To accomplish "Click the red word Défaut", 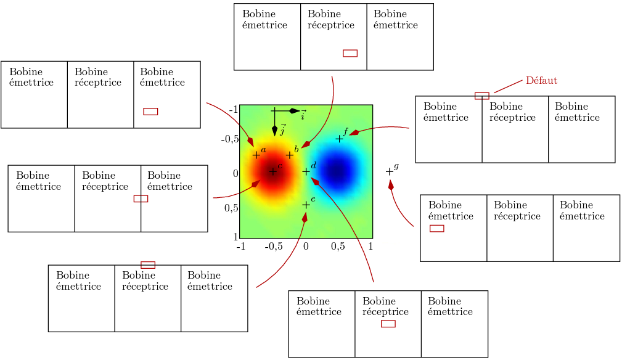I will (541, 81).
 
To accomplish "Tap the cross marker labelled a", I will (256, 155).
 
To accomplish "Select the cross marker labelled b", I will (290, 155).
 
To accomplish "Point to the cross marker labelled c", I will (272, 171).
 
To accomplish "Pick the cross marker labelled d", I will (306, 171).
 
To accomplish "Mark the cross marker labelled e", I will (306, 205).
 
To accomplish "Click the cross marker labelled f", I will (339, 139).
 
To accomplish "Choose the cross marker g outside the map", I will (389, 171).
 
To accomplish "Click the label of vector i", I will (303, 115).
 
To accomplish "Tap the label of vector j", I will (282, 131).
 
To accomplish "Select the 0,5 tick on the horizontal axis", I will (338, 247).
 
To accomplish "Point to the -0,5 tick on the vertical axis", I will (230, 139).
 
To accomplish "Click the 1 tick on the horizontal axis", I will (370, 247).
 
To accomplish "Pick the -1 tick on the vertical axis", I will (233, 110).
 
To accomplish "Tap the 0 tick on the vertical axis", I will (235, 174).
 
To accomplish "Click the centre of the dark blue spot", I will (337, 171).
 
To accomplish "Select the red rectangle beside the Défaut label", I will (481, 96).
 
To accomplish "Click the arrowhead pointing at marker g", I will (391, 184).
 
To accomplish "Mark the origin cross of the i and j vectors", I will (274, 111).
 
